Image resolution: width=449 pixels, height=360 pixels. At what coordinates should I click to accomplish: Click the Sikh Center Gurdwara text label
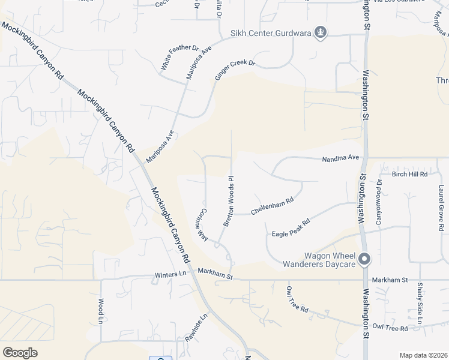(x=271, y=33)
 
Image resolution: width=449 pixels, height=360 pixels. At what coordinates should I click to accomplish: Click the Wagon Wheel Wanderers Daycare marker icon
(x=364, y=260)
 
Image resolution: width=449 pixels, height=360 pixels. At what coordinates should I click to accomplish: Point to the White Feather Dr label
(x=179, y=58)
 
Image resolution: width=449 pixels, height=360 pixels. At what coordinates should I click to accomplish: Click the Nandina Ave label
(x=340, y=159)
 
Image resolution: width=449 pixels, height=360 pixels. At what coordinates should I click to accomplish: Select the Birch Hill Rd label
(x=409, y=174)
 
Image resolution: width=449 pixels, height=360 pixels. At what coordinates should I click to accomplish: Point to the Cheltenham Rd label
(x=272, y=207)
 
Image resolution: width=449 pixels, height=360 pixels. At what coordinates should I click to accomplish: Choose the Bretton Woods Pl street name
(x=228, y=202)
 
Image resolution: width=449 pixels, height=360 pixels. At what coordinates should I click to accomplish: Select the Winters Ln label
(x=170, y=274)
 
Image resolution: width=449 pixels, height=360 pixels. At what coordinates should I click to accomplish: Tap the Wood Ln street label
(x=101, y=311)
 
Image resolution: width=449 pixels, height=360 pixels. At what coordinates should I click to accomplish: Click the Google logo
(x=20, y=352)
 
